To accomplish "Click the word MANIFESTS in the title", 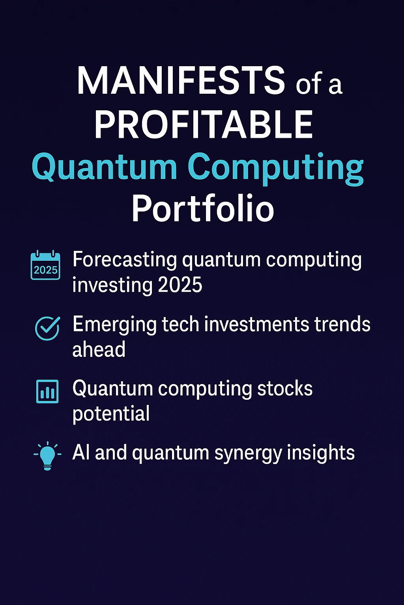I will click(x=181, y=81).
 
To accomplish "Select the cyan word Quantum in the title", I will click(x=105, y=167).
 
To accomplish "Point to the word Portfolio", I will click(x=202, y=209).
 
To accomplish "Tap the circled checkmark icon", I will click(x=47, y=328).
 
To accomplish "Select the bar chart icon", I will click(x=47, y=392).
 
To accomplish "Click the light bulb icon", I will click(x=47, y=455).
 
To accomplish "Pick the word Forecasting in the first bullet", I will click(x=125, y=260).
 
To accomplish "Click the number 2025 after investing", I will click(x=180, y=285).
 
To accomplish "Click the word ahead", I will click(x=99, y=349).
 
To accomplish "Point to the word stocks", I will click(x=285, y=389).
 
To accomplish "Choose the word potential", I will click(x=111, y=414).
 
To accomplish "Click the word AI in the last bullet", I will click(x=81, y=453).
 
